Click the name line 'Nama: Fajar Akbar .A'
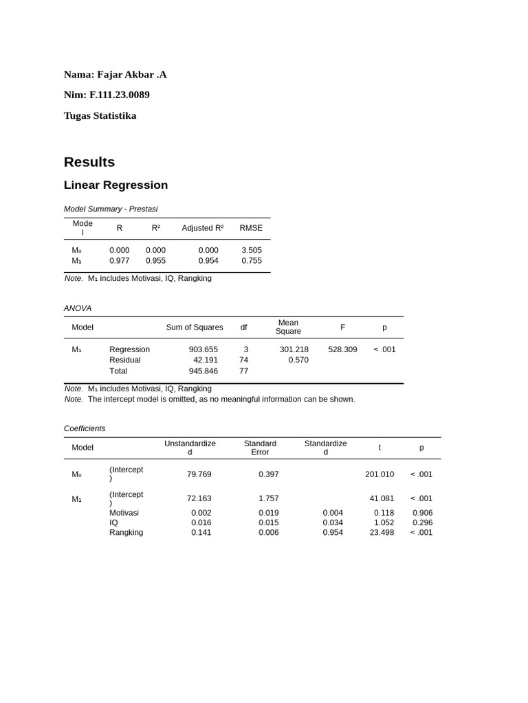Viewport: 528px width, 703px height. [x=115, y=74]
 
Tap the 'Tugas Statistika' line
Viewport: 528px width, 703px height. [x=100, y=115]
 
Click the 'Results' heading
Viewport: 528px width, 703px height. [x=89, y=162]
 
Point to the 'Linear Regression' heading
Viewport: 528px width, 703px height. [x=115, y=185]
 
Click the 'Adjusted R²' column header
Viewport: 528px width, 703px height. [x=203, y=228]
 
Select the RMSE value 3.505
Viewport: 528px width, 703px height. [x=252, y=250]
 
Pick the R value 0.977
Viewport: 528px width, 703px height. [x=119, y=261]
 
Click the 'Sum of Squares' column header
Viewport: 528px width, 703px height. [x=195, y=327]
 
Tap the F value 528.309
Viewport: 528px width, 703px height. [x=342, y=349]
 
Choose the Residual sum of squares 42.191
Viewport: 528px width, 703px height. [x=203, y=360]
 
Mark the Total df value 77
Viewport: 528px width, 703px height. [x=243, y=371]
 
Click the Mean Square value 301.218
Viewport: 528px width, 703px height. [x=294, y=349]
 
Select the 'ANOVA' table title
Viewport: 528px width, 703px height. [x=78, y=308]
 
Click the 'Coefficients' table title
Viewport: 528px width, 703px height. [x=85, y=428]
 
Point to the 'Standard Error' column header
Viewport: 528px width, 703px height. [x=260, y=448]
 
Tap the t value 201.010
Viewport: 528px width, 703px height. [x=379, y=474]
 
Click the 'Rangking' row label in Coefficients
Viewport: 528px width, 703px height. [x=126, y=532]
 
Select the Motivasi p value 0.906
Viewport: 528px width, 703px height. [x=422, y=513]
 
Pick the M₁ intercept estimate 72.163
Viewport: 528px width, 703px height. [x=199, y=498]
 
